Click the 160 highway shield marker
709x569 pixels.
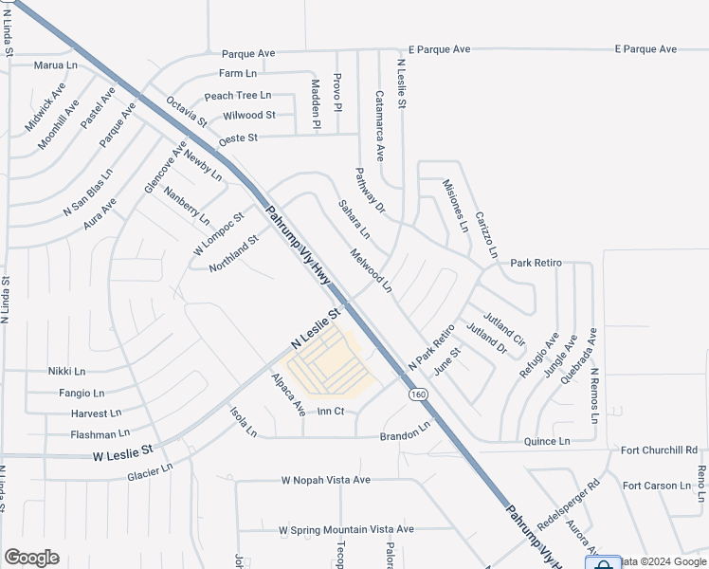tap(417, 394)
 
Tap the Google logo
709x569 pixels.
tap(31, 558)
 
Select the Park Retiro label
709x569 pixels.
tap(536, 263)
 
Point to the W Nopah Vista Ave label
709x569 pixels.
tap(325, 480)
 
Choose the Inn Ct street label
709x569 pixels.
tap(330, 412)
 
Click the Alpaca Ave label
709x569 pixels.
tap(287, 394)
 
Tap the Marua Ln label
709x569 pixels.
tap(55, 65)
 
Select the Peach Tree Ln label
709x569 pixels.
tap(237, 96)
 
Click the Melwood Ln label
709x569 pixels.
tap(370, 270)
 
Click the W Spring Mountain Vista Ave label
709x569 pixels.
tap(346, 529)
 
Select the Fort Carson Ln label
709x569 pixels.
tap(657, 486)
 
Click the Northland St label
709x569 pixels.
tap(233, 254)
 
